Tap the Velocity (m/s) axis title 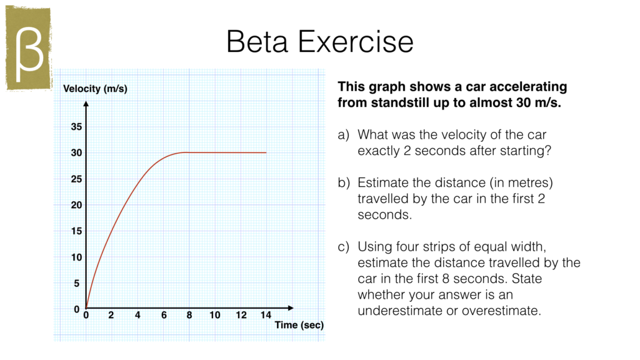[x=95, y=89]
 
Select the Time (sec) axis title [x=299, y=325]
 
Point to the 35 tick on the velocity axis [x=76, y=127]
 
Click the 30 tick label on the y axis [x=76, y=153]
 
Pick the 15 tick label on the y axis [x=76, y=231]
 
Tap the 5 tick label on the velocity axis [x=76, y=283]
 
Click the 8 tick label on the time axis [x=189, y=315]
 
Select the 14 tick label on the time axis [x=266, y=315]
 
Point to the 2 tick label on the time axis [x=111, y=315]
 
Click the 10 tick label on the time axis [x=214, y=315]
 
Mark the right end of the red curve [x=266, y=152]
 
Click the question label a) [x=342, y=134]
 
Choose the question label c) [x=342, y=247]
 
